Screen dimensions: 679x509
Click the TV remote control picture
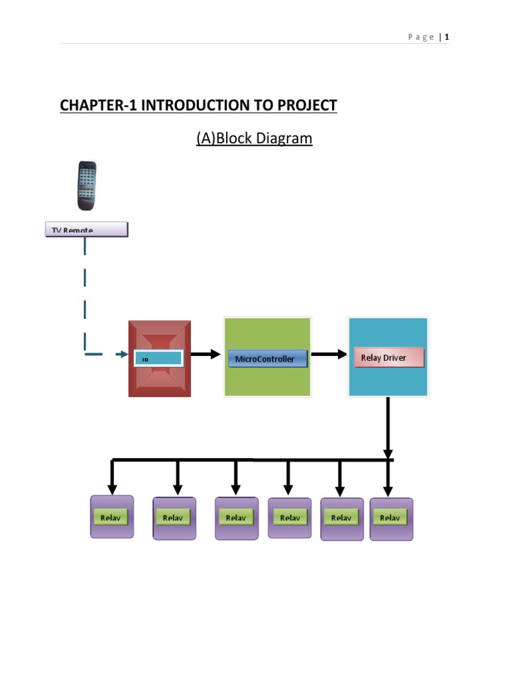84,186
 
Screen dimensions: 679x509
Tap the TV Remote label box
86,229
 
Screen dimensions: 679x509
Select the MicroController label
267,359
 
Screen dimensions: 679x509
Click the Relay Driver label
388,357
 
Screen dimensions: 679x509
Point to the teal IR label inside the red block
158,359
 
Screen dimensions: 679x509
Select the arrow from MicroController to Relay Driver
329,355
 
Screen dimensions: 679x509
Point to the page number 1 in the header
447,37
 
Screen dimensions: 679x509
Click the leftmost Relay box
112,517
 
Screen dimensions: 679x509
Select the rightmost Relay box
391,519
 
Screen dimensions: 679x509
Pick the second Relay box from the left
174,518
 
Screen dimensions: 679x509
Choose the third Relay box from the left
237,518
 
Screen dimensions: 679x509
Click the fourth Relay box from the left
290,517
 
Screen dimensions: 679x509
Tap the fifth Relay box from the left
342,519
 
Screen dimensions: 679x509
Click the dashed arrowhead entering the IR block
121,355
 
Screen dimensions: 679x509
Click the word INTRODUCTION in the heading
188,105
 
